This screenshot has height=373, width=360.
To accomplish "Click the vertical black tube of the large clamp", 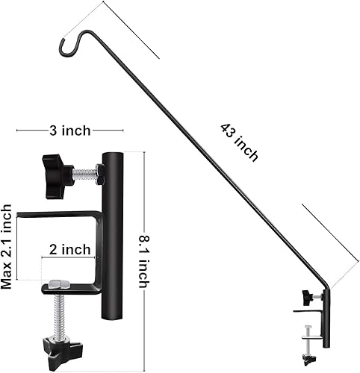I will [x=113, y=224].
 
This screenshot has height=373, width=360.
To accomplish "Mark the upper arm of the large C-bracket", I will [x=60, y=215].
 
